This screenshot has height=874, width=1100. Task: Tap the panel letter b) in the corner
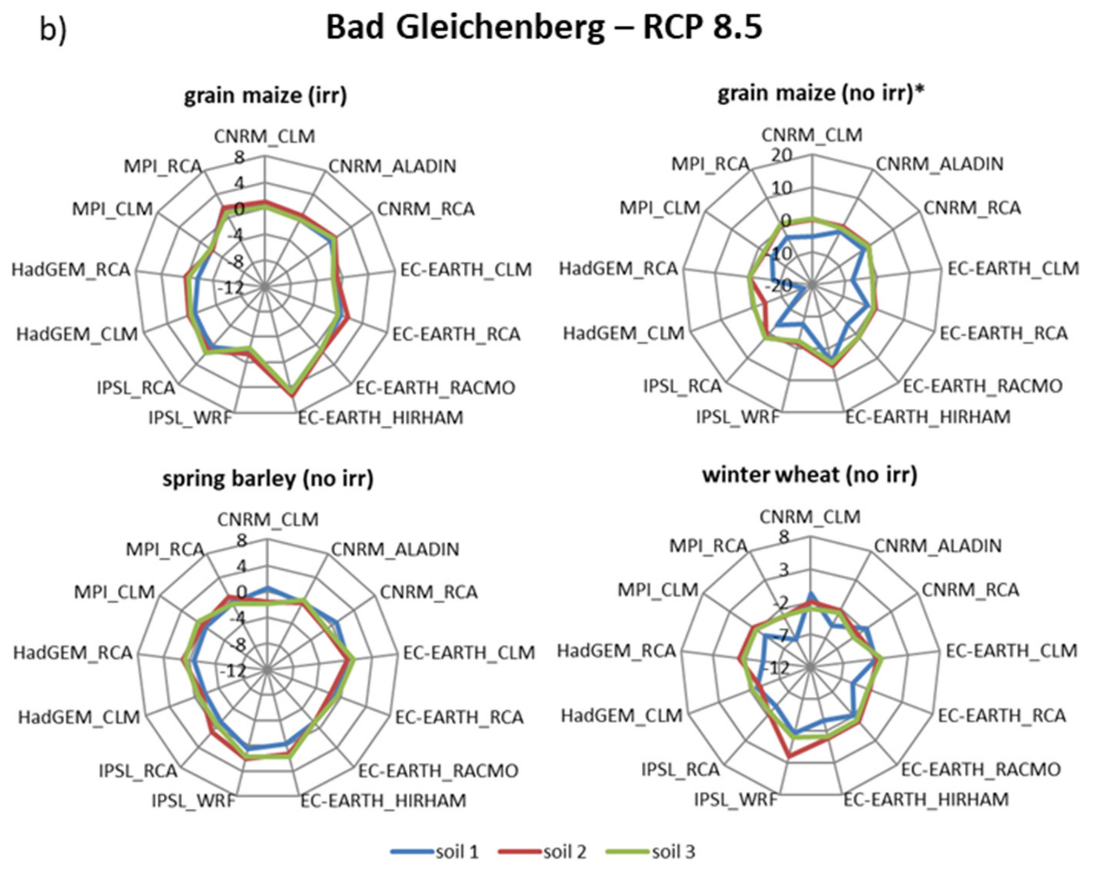(x=53, y=30)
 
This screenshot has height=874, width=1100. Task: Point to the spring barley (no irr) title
(x=268, y=479)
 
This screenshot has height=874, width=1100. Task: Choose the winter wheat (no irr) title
(x=810, y=475)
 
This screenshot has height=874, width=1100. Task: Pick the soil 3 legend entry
(x=651, y=852)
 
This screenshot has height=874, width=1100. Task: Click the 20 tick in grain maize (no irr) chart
(x=781, y=155)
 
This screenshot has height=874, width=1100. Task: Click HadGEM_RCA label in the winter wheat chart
(x=616, y=650)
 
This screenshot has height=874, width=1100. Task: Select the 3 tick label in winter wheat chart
(x=783, y=570)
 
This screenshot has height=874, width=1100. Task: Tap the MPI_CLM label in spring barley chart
(x=114, y=592)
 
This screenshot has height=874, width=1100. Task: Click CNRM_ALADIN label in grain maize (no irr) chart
(x=939, y=164)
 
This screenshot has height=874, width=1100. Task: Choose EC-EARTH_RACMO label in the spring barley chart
(x=438, y=771)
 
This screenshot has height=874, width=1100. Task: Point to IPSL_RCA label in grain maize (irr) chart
(x=136, y=388)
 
